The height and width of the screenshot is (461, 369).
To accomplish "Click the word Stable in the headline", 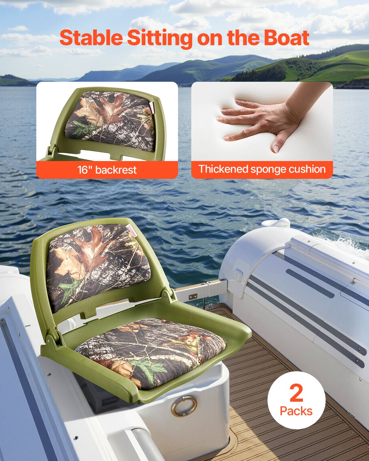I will [x=91, y=38].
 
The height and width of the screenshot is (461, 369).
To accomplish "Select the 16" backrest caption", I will [x=107, y=170].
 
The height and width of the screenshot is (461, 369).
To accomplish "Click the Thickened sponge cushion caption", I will [x=262, y=169].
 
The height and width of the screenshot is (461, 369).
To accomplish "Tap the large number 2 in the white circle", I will [x=296, y=393].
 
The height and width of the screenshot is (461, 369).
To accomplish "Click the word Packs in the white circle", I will [x=296, y=411].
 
